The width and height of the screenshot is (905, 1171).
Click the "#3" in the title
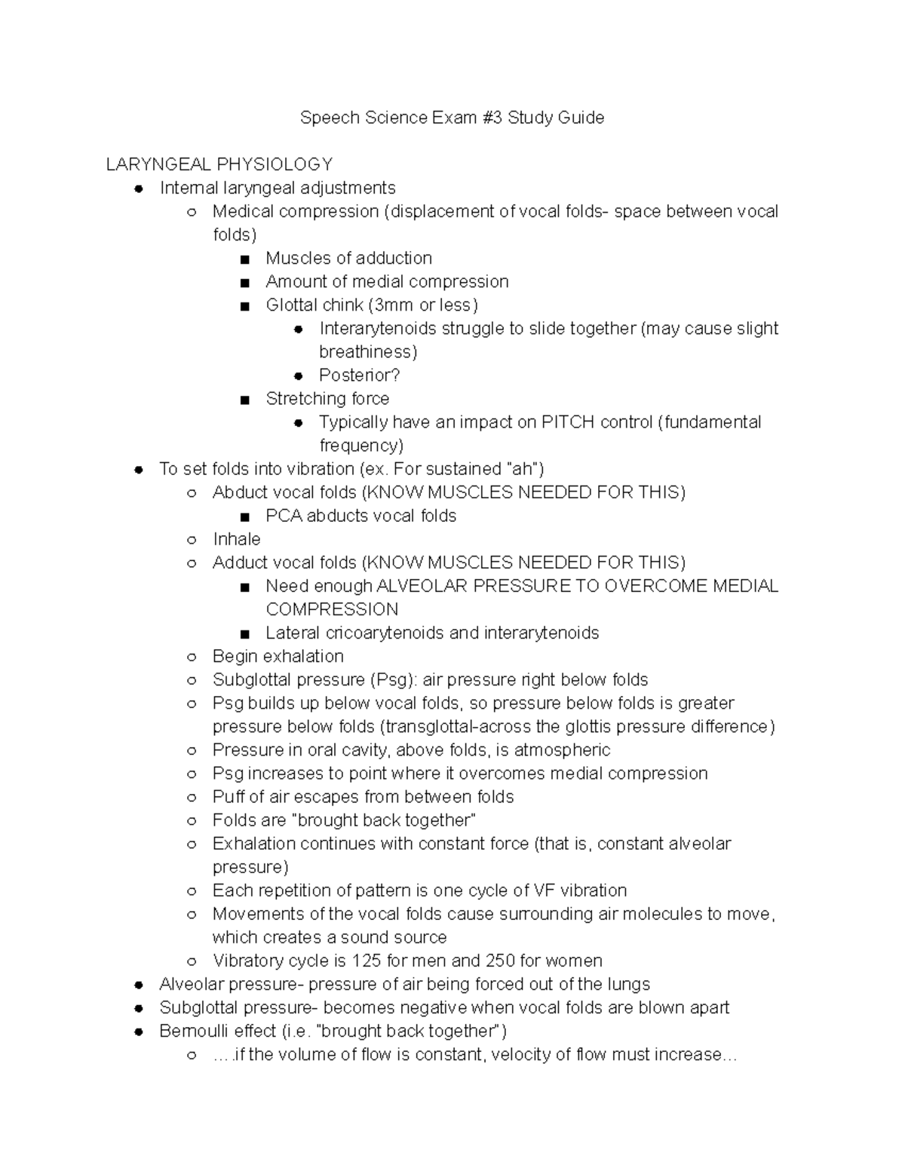tap(492, 118)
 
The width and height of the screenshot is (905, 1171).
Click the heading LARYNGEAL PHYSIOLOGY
tap(219, 164)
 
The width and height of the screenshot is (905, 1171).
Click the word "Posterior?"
tap(359, 376)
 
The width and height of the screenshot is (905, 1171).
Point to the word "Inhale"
tap(236, 539)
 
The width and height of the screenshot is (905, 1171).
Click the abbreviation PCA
tap(284, 516)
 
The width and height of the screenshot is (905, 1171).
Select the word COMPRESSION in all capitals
tap(332, 609)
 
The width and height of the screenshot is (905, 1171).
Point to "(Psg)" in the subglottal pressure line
tap(393, 679)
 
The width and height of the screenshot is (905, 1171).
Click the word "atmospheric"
tap(565, 750)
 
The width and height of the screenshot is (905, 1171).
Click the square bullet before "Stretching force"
tap(244, 400)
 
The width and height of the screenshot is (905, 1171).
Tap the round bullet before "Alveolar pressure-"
tap(138, 985)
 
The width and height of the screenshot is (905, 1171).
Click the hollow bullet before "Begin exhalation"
tap(192, 657)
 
